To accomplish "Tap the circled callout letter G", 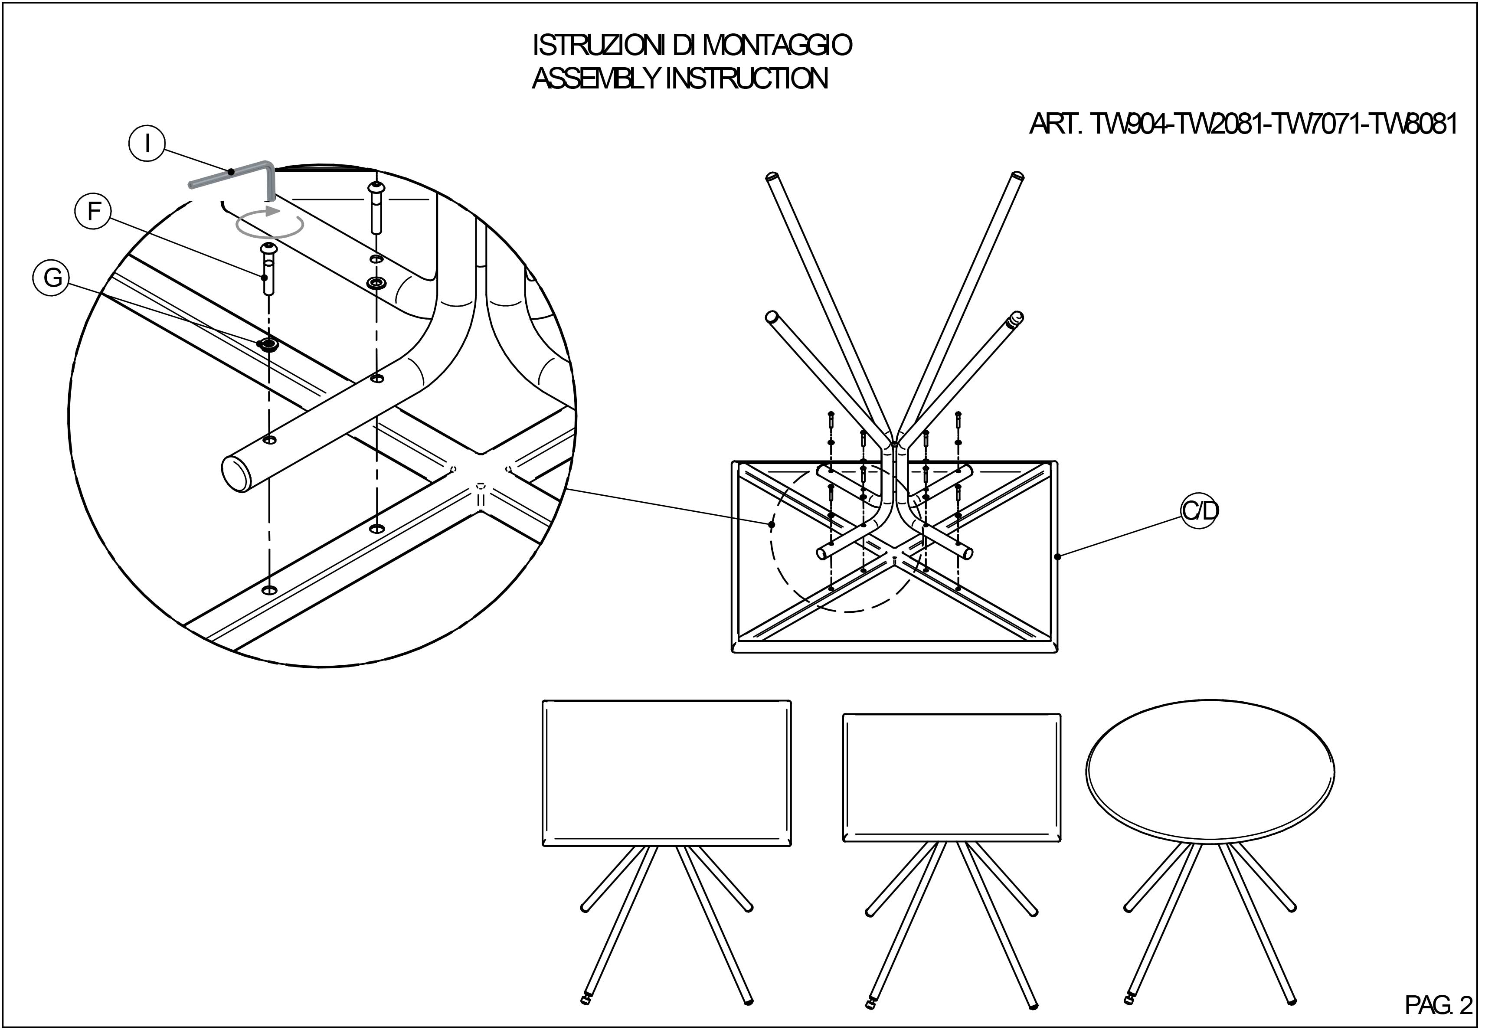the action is click(x=52, y=278).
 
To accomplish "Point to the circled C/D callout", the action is click(x=1200, y=511).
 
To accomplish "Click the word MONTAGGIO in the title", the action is click(x=777, y=46).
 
